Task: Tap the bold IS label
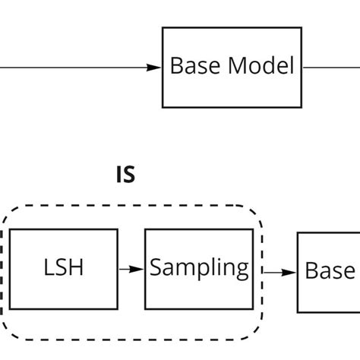(x=125, y=175)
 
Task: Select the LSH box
(x=64, y=269)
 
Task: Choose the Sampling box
(x=199, y=269)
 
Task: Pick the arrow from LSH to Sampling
(x=131, y=269)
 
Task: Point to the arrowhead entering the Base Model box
(x=156, y=68)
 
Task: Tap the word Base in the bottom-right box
(x=330, y=271)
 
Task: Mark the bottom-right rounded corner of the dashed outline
(x=255, y=328)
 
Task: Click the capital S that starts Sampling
(x=155, y=268)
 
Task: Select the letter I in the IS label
(x=119, y=175)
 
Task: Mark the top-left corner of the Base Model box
(x=163, y=28)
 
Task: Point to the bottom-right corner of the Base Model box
(x=302, y=107)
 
